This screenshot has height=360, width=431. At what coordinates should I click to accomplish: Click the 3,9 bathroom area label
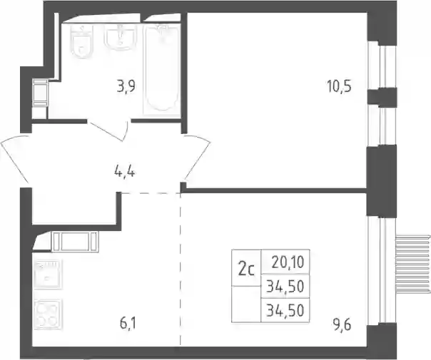coord(126,88)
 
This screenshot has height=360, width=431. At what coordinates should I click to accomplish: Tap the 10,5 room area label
coord(339,87)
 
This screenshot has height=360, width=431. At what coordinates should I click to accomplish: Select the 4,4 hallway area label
coord(124,173)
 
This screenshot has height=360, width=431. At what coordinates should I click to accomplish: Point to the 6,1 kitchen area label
coord(128,323)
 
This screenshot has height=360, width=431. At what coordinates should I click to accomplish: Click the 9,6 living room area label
coord(342,326)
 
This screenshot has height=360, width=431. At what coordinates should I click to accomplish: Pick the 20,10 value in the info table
coord(288,262)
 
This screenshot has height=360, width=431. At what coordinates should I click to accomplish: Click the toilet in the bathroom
coord(81,41)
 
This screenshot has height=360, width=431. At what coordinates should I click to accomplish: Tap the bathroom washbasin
coord(120,36)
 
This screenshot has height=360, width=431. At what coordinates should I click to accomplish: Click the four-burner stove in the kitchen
coord(47,314)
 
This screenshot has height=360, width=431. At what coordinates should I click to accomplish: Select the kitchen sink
coord(48,274)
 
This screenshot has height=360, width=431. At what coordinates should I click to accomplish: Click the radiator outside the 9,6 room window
coord(412,265)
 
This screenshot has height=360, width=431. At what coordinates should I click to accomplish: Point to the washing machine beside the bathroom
coord(40,93)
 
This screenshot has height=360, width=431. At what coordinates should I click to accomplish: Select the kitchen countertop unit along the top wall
coord(75,242)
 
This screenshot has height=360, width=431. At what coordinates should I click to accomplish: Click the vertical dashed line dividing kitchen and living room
coord(181,269)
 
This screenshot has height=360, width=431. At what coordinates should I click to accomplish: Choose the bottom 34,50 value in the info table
coord(285,311)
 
